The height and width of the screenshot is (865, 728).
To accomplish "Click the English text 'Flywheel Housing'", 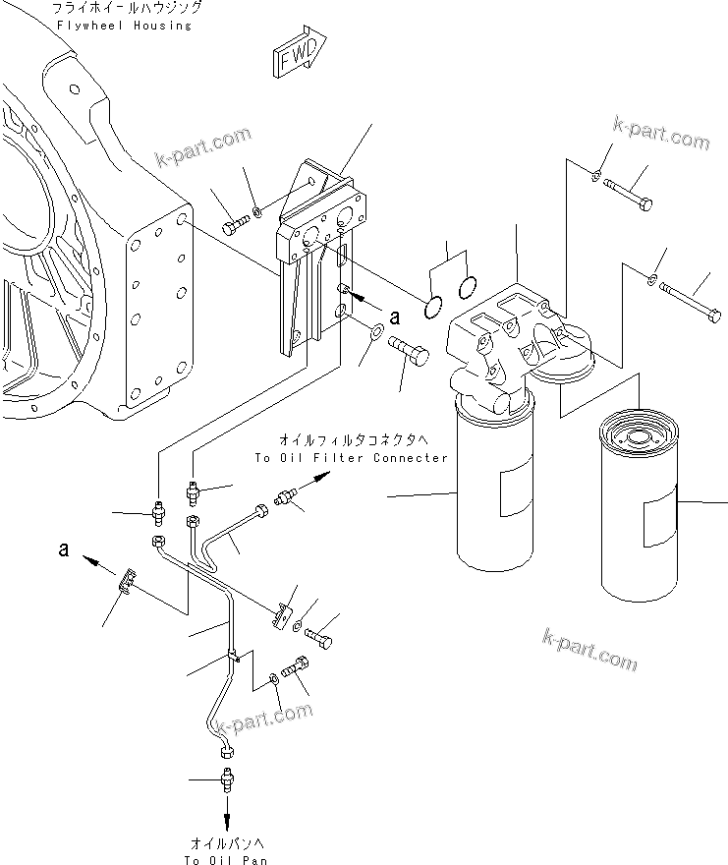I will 124,26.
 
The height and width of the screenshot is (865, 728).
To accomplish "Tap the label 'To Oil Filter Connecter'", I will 350,458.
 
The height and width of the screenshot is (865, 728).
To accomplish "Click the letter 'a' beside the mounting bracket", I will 396,317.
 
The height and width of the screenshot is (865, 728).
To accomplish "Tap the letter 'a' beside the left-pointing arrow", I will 63,550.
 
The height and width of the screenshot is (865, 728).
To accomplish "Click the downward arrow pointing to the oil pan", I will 227,814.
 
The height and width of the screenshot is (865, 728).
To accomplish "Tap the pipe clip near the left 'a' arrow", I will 127,584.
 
